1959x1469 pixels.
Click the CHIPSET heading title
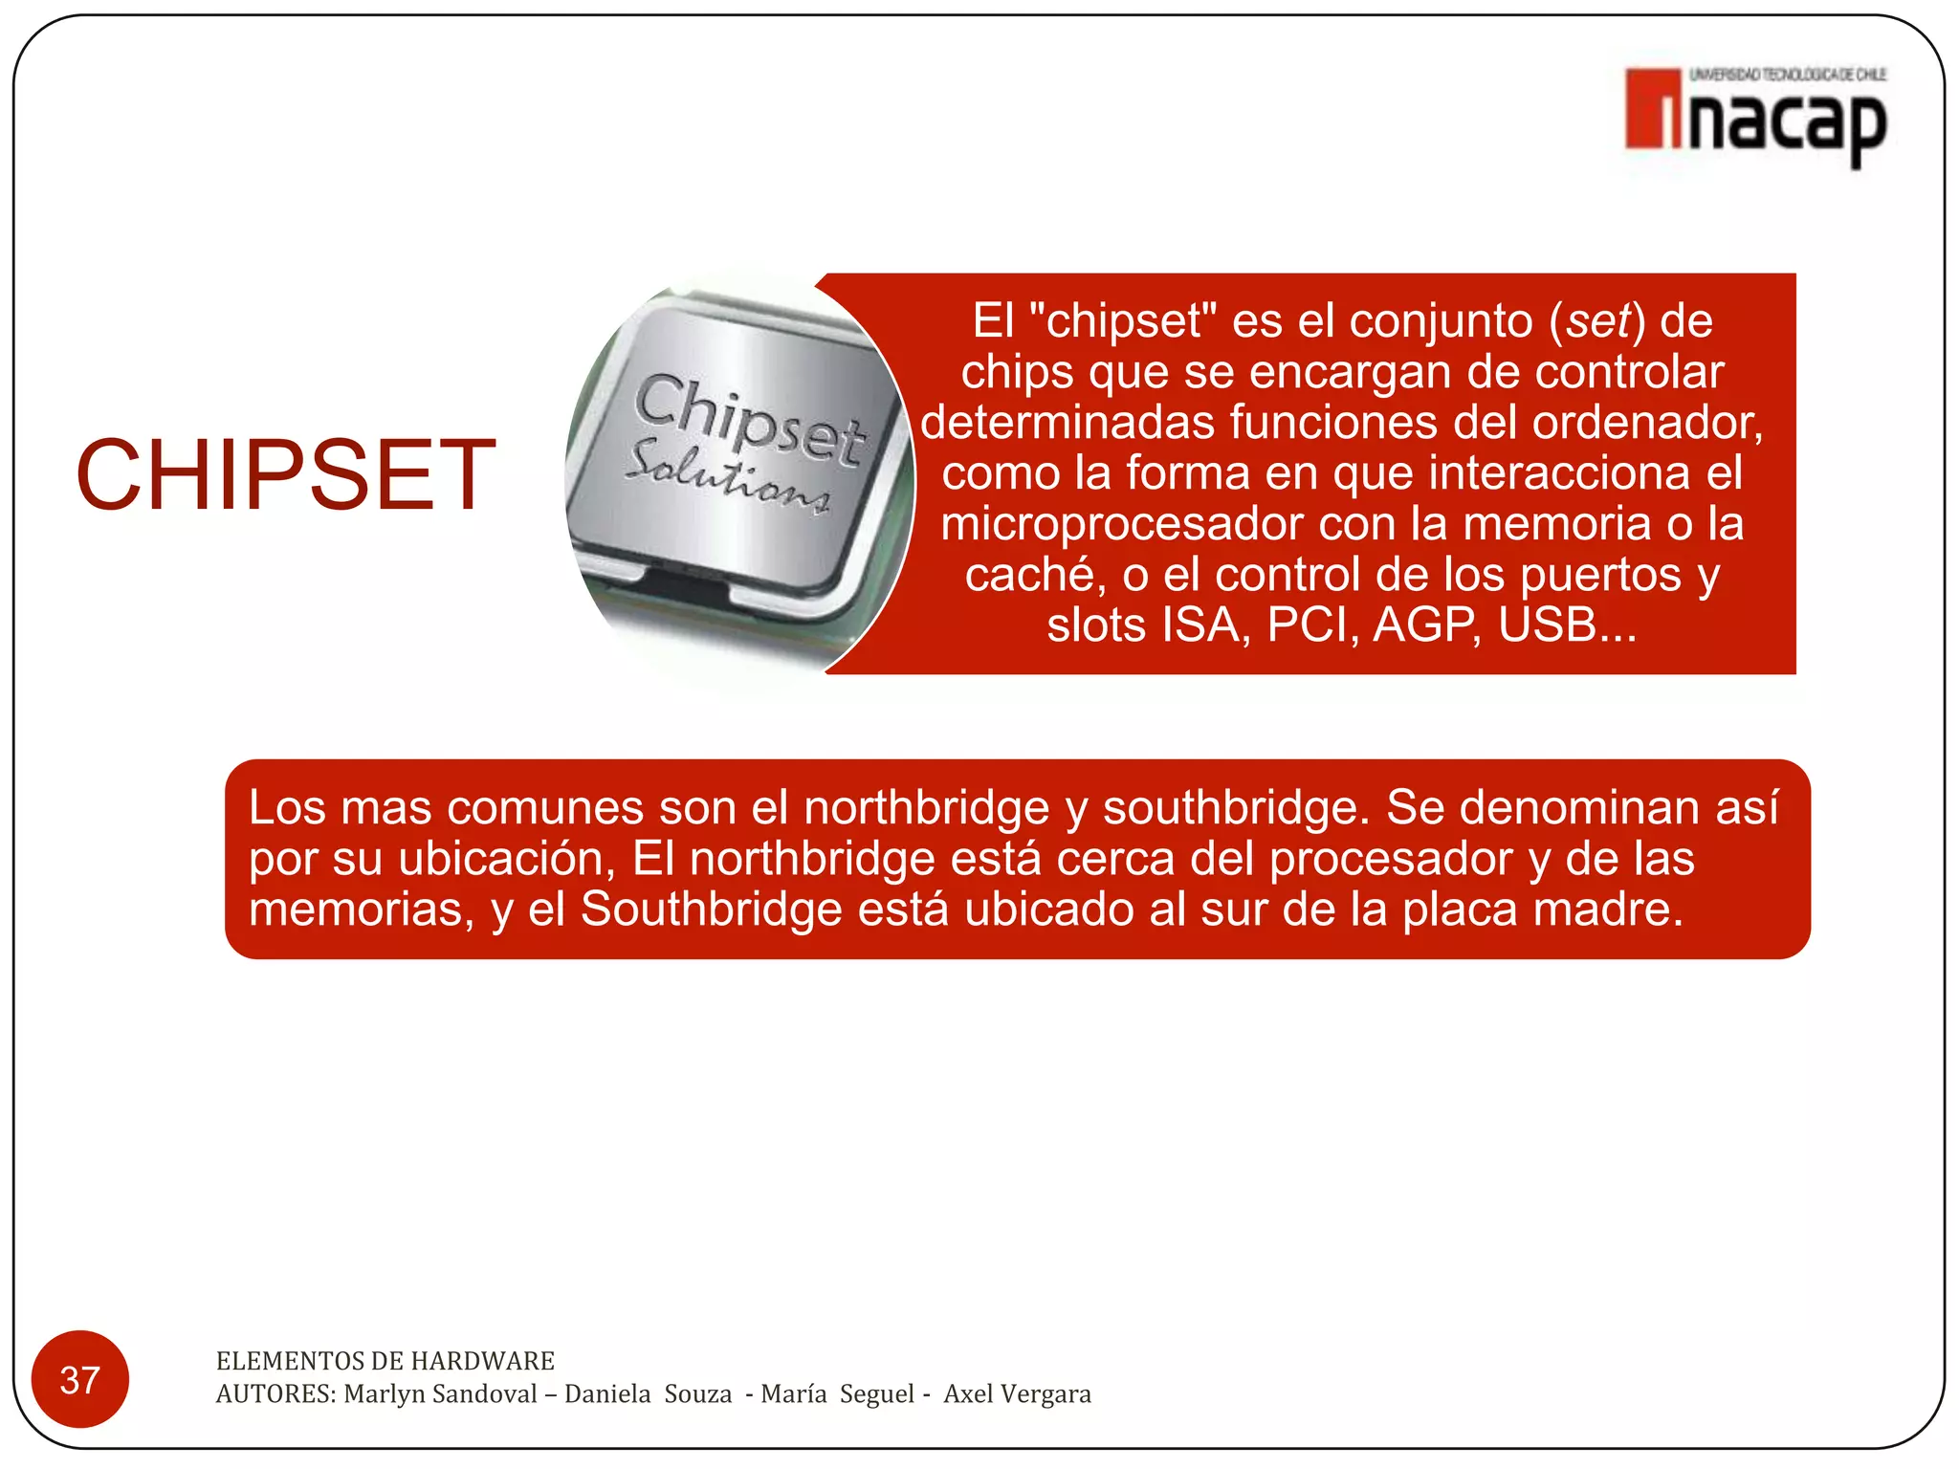tap(285, 474)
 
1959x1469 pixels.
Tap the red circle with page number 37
tap(79, 1379)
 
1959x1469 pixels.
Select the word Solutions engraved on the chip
tap(727, 475)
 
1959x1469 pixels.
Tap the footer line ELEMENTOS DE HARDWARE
tap(385, 1360)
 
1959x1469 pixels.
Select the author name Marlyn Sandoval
tap(440, 1393)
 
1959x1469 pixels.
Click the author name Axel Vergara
tap(1017, 1393)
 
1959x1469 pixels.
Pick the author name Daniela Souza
tap(648, 1393)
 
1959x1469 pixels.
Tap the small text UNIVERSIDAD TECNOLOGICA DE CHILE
tap(1788, 75)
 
